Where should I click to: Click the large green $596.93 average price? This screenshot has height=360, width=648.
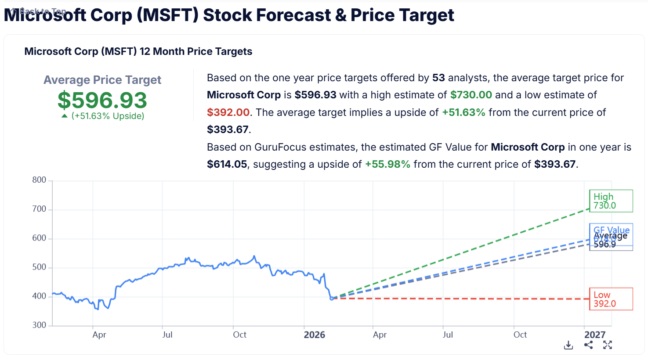102,100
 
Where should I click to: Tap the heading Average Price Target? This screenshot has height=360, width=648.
102,80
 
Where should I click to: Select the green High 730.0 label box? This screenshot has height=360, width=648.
611,201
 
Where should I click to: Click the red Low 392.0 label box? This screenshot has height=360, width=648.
611,299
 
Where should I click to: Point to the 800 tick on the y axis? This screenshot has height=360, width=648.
39,180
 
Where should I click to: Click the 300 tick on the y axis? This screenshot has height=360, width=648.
39,325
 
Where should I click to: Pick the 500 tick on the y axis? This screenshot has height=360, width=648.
39,267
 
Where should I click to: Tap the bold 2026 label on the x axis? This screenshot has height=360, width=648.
315,335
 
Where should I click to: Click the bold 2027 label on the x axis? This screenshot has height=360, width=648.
595,335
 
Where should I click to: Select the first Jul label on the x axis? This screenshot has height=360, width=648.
167,335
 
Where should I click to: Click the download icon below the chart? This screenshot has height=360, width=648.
568,345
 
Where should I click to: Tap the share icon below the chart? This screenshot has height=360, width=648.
589,345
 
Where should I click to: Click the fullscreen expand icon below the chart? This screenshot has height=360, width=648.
608,345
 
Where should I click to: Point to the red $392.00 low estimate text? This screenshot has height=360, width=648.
228,112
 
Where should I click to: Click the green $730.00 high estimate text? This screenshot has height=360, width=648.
471,95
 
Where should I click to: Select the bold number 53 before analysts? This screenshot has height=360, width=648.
438,78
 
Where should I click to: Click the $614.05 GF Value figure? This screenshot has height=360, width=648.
227,165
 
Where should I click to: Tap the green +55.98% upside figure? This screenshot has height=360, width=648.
387,165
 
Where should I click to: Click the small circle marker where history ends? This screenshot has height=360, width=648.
332,299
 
